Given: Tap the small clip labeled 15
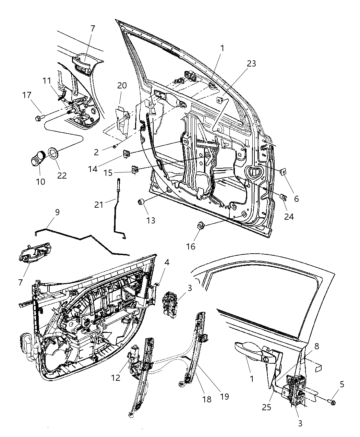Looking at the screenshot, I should click(x=135, y=169).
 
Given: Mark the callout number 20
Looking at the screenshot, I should click(x=122, y=85).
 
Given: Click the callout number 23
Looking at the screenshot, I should click(x=251, y=63).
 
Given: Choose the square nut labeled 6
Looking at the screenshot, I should click(x=283, y=171).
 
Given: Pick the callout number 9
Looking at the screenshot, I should click(x=57, y=212).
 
